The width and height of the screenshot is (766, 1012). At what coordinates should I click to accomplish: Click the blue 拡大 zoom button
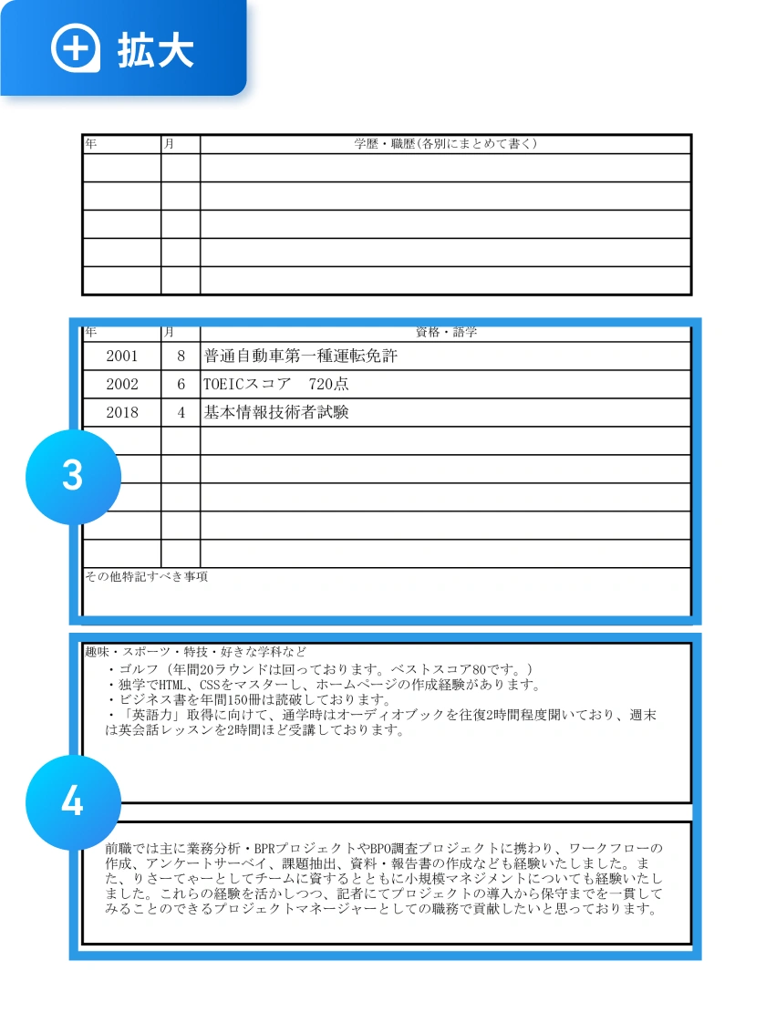(123, 47)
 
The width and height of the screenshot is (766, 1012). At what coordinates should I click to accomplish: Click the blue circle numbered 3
(73, 477)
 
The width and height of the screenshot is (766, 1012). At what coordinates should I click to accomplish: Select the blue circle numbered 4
(73, 802)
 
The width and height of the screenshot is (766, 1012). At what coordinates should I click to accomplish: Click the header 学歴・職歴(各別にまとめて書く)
(445, 144)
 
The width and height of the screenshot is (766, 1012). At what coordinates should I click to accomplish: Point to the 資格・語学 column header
(445, 333)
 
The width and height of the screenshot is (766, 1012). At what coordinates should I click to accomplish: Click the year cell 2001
(122, 356)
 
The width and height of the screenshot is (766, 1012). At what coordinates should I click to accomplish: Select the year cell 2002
(122, 385)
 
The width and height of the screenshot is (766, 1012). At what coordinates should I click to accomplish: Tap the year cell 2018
(122, 413)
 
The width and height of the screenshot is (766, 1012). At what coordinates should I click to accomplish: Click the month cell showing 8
(181, 356)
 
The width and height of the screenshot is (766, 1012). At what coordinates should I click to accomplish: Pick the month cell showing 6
(181, 385)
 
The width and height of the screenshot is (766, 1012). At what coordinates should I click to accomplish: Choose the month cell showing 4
(181, 413)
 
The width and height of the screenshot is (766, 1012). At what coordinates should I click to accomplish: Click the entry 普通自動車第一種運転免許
(301, 356)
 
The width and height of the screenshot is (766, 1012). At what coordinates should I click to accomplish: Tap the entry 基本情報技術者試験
(276, 413)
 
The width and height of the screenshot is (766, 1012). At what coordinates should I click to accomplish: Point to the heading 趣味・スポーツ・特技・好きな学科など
(195, 653)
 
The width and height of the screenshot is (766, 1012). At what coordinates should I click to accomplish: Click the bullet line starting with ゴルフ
(319, 669)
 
